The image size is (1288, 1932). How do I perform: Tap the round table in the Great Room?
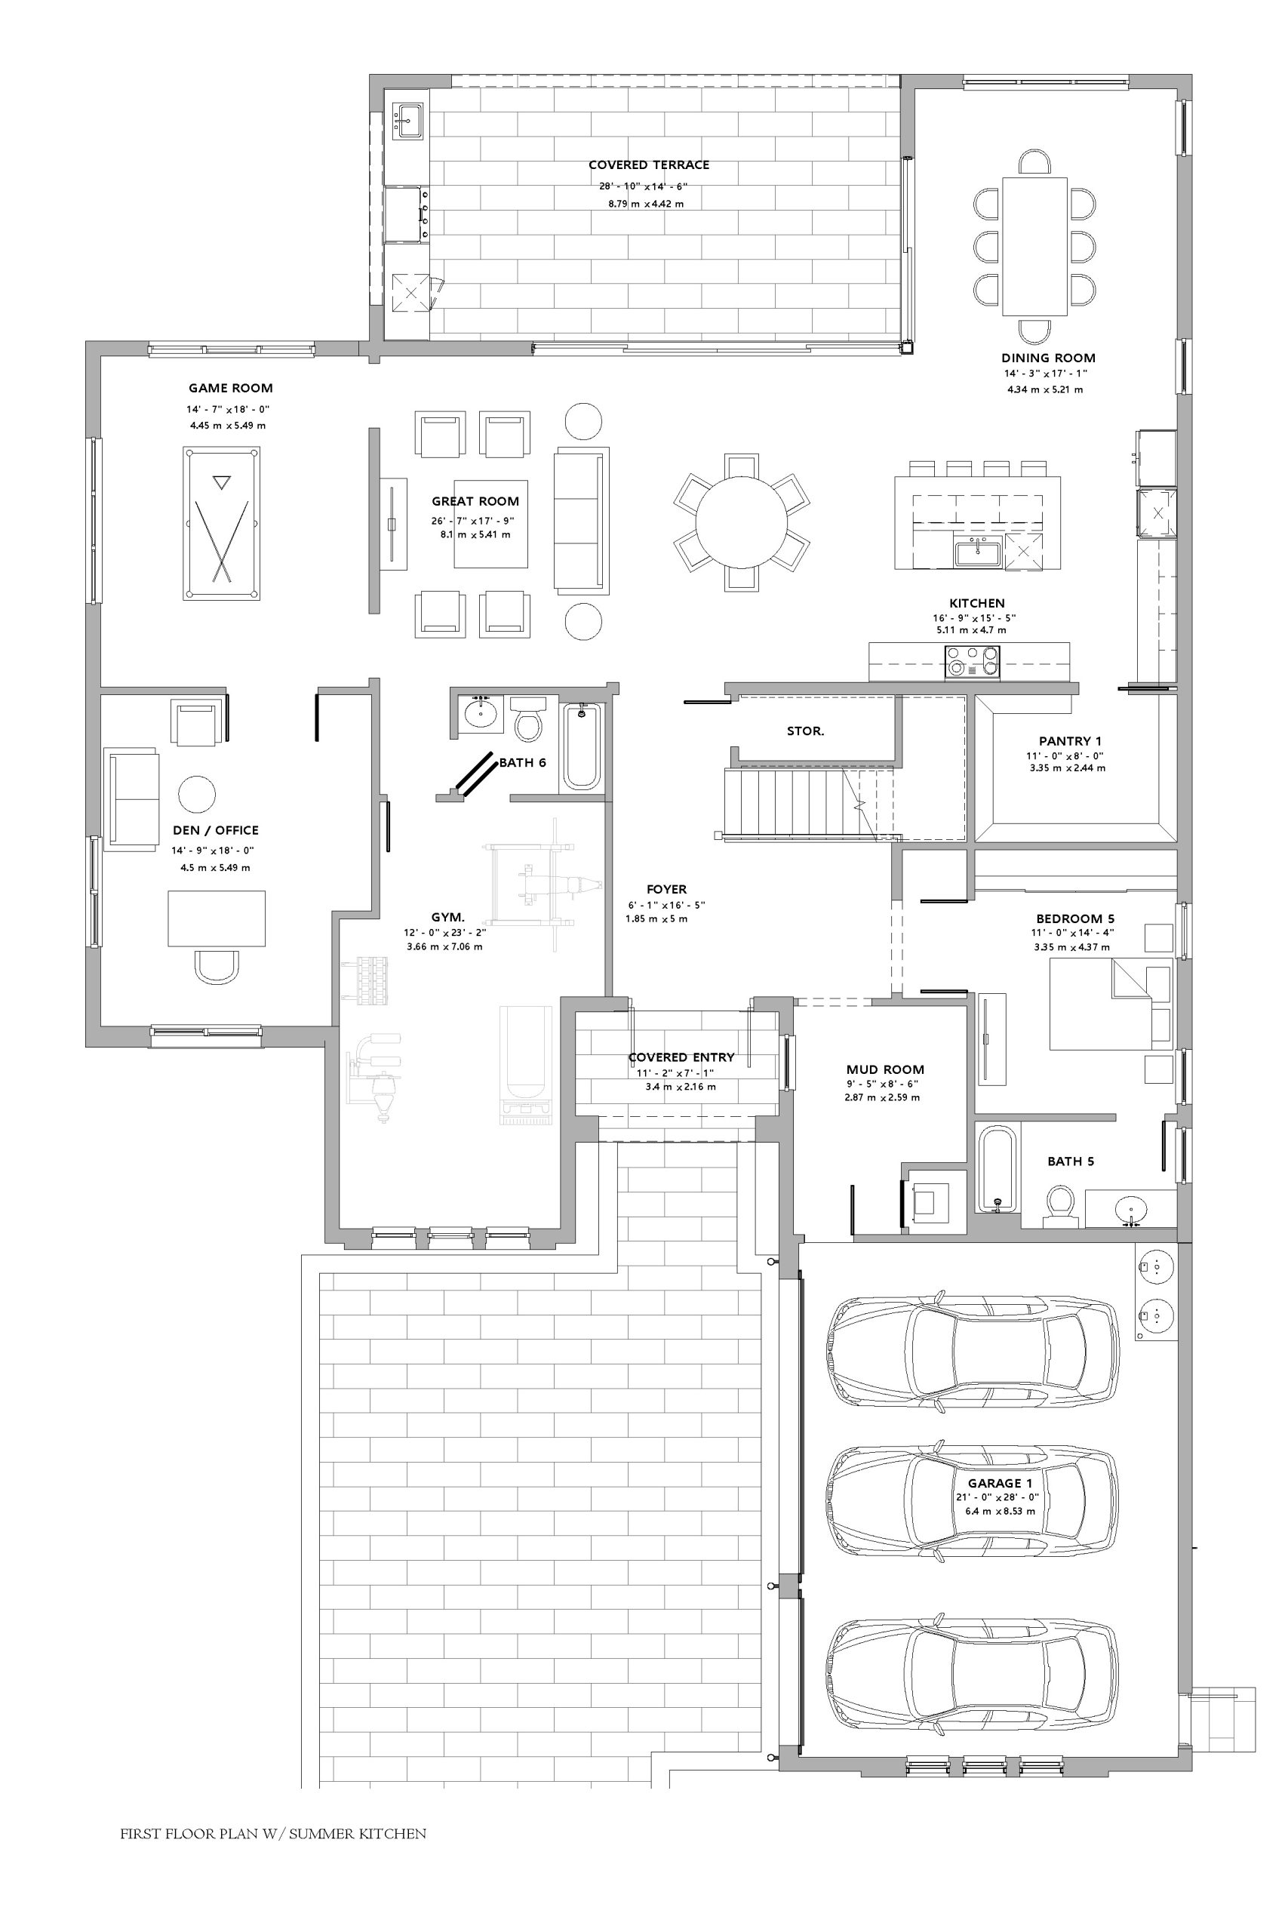click(741, 522)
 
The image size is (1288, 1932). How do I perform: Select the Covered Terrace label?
click(649, 165)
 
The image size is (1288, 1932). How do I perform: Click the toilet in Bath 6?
click(527, 719)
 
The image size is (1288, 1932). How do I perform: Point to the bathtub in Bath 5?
click(998, 1169)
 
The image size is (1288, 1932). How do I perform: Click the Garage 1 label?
click(1000, 1483)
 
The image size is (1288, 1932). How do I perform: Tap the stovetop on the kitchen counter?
click(973, 660)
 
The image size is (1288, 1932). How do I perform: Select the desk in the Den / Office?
click(217, 918)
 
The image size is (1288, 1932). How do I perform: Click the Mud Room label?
click(884, 1069)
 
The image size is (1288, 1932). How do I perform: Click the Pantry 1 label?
click(1071, 741)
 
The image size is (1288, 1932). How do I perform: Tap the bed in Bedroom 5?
click(1111, 1004)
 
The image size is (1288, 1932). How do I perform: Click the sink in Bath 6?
click(481, 713)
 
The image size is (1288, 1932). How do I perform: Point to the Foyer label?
click(666, 889)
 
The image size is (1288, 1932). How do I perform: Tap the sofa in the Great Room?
click(582, 521)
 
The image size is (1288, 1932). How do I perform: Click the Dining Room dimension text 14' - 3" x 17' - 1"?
click(1045, 374)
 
